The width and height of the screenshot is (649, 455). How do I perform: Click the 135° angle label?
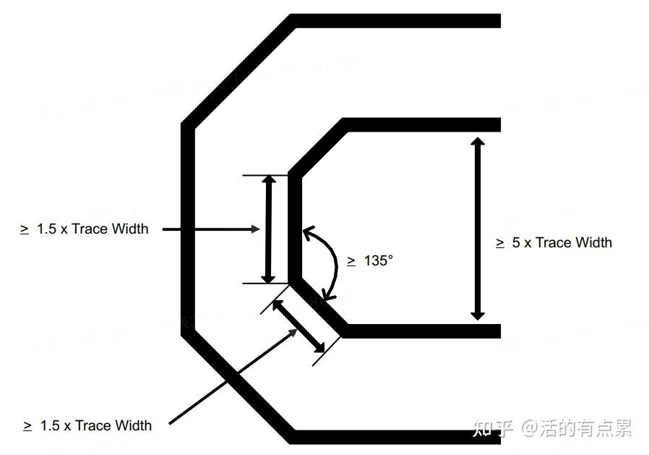[x=378, y=260]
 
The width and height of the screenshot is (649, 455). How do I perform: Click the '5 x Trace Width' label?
[x=562, y=243]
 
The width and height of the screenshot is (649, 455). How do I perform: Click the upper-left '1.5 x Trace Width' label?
[x=93, y=229]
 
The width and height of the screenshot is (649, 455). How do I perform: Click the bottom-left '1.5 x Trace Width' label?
[x=95, y=425]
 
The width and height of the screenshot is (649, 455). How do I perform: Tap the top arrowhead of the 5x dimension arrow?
[x=477, y=142]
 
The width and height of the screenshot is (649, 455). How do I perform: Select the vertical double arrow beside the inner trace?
[x=268, y=229]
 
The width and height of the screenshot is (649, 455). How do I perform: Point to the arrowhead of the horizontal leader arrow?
[x=254, y=229]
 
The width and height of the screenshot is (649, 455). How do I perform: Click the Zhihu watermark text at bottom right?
[x=552, y=428]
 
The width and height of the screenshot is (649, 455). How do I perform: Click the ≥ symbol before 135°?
[x=351, y=261]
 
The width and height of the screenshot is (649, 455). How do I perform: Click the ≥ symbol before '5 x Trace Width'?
[x=500, y=244]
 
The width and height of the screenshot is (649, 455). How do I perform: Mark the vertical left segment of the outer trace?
[x=187, y=229]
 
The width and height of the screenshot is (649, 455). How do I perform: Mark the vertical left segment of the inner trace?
[x=295, y=229]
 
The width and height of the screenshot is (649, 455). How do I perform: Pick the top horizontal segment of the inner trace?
[x=422, y=124]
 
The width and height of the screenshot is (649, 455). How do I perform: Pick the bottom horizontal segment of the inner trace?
[x=422, y=331]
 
